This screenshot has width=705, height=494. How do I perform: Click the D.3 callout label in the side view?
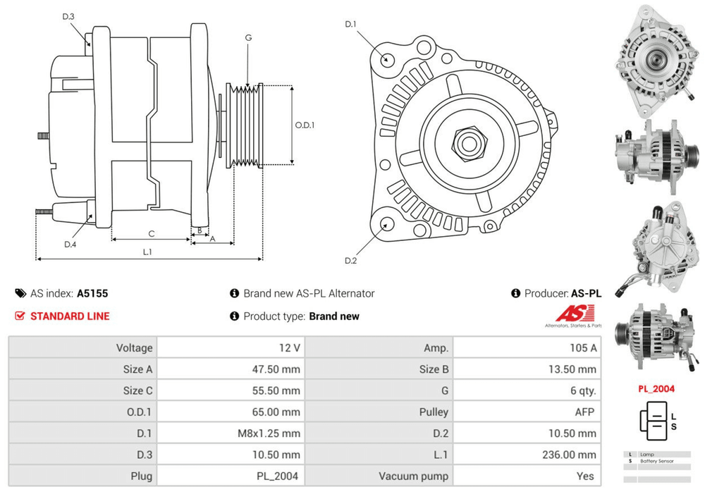coord(68,16)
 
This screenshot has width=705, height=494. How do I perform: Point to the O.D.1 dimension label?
coord(305,125)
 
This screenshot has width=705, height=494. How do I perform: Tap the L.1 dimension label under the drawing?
coord(147,252)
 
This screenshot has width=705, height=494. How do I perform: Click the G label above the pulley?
coord(248,37)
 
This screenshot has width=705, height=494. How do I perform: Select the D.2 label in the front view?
coord(350,261)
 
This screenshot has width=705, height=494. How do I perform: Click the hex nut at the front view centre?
coord(467,143)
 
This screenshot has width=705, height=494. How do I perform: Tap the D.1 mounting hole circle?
coord(387,58)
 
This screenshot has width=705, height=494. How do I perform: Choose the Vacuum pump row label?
coord(413,476)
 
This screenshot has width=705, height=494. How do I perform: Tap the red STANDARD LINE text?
coord(70,316)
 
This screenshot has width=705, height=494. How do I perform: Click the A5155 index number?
coord(92,294)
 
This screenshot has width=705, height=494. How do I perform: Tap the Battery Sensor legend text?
coord(656,461)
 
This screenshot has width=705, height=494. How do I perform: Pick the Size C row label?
coord(137,390)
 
